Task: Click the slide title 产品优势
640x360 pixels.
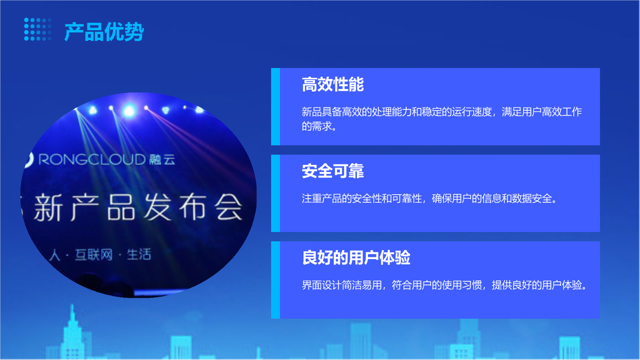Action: (104, 32)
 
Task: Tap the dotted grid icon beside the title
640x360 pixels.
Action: (38, 29)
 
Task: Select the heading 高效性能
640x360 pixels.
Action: (332, 84)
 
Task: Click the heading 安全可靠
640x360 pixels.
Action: (332, 171)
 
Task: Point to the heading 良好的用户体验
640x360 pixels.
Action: (356, 257)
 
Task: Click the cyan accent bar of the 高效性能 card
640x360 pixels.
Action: (276, 107)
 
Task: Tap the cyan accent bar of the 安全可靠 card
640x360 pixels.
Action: (276, 193)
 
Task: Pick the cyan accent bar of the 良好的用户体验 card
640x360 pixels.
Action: (276, 280)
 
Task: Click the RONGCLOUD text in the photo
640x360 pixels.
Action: (92, 159)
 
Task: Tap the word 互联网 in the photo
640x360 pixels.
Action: (94, 255)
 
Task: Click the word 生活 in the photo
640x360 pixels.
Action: (139, 254)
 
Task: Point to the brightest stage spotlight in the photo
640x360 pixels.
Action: (129, 111)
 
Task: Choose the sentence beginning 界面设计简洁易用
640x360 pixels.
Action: (444, 285)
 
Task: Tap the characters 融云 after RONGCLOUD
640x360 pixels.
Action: (162, 160)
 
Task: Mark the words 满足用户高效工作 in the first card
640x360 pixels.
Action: (542, 112)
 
